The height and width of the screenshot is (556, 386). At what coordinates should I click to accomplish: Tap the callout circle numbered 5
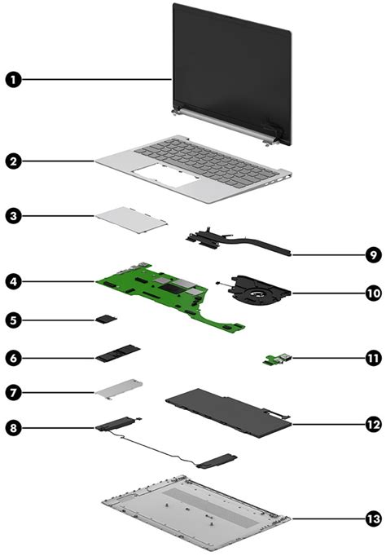[x=14, y=320]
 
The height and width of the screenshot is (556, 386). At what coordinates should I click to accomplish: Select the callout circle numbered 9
[x=372, y=255]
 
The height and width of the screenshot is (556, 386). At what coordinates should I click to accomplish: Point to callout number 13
[x=372, y=518]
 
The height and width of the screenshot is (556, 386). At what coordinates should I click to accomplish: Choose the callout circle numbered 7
[x=14, y=392]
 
